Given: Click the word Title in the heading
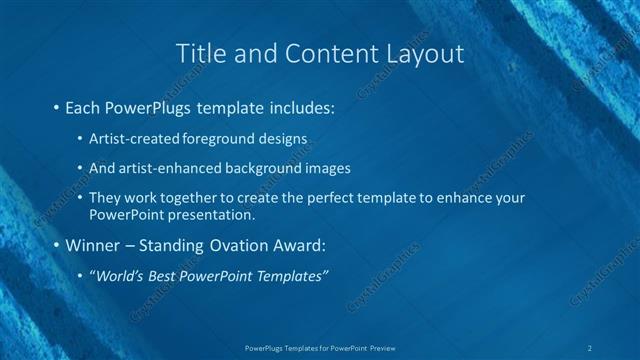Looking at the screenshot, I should click(x=198, y=53).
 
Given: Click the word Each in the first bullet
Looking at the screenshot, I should click(x=82, y=106).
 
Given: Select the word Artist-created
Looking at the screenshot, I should click(x=130, y=137).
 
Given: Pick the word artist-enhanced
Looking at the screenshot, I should click(x=165, y=168).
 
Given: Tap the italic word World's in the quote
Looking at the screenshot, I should click(x=121, y=276).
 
